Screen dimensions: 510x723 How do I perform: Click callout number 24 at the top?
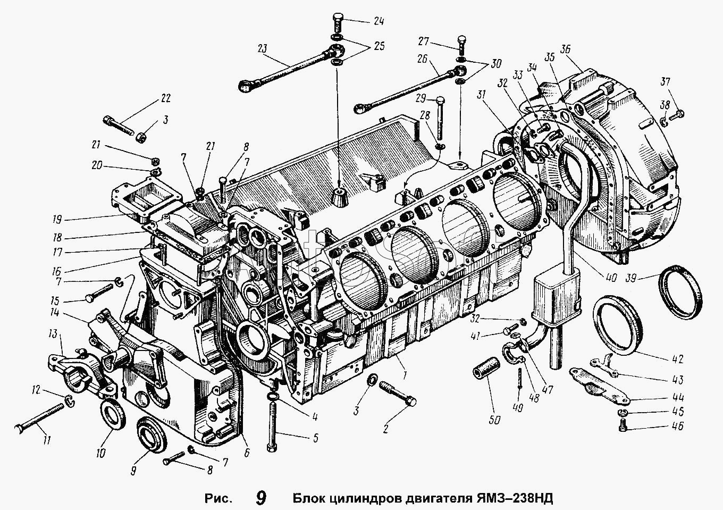tap(379, 22)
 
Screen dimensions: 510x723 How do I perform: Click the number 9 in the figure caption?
tap(260, 498)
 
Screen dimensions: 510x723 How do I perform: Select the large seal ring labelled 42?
tap(617, 325)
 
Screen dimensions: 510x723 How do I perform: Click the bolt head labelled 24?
tap(338, 23)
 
